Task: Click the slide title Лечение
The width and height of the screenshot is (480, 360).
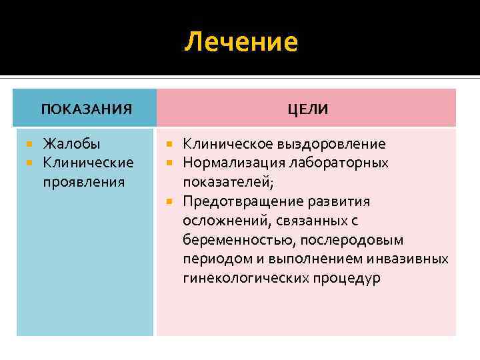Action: point(241,42)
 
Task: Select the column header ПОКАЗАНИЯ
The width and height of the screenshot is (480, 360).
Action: point(86,109)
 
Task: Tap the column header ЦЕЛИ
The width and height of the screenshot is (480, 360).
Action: point(307,109)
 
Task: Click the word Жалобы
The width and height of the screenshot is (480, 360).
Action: point(72,143)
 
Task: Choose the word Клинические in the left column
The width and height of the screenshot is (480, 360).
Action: point(88,163)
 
